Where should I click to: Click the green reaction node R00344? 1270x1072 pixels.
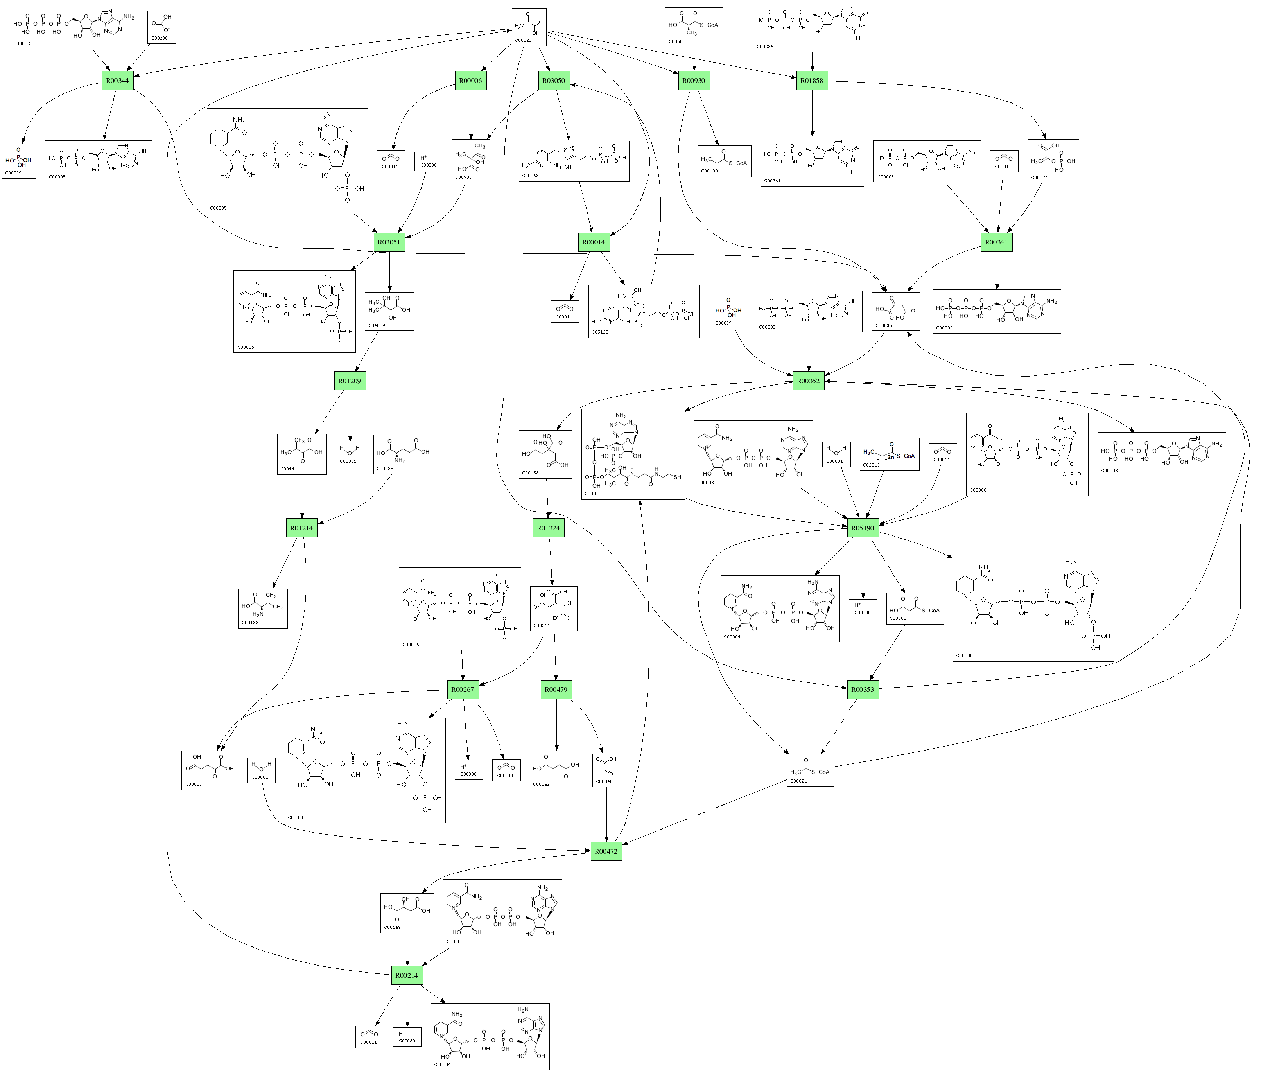pyautogui.click(x=117, y=80)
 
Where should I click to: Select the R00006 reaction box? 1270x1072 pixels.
pyautogui.click(x=470, y=80)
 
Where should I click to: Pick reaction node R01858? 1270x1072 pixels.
pyautogui.click(x=812, y=80)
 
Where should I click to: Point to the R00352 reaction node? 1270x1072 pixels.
pyautogui.click(x=808, y=381)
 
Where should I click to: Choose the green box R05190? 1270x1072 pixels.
pyautogui.click(x=862, y=528)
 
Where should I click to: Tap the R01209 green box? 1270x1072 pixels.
pyautogui.click(x=350, y=381)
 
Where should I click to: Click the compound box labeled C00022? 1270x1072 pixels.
pyautogui.click(x=529, y=27)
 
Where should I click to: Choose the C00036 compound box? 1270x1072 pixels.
pyautogui.click(x=895, y=311)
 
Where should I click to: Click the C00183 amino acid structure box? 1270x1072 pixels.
pyautogui.click(x=262, y=608)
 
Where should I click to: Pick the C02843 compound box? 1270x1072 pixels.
pyautogui.click(x=889, y=454)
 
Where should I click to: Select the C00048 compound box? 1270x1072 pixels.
pyautogui.click(x=606, y=770)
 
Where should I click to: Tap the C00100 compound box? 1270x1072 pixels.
pyautogui.click(x=724, y=161)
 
